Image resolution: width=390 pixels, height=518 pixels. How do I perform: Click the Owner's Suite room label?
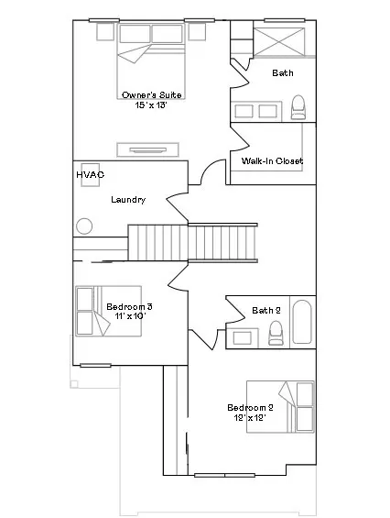click(x=152, y=94)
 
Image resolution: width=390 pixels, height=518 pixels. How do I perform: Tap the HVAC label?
click(x=90, y=174)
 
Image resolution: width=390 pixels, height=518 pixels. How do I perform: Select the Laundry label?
click(x=128, y=200)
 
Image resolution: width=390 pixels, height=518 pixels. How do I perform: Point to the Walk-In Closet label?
click(x=272, y=160)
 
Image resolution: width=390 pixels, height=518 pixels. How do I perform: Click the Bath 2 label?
click(x=266, y=310)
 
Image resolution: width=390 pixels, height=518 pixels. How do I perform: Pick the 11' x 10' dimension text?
click(x=130, y=316)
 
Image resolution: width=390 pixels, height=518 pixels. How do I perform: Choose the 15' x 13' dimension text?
click(x=152, y=105)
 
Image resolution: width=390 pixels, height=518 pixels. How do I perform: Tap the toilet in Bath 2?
click(x=276, y=333)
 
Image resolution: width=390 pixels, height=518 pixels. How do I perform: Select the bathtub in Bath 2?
click(x=302, y=322)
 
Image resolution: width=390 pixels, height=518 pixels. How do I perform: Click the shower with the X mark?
click(x=279, y=41)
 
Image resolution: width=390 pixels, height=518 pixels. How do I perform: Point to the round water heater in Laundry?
click(x=84, y=226)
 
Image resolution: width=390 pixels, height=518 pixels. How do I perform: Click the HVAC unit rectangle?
click(x=91, y=174)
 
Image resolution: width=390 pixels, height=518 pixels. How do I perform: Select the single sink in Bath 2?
click(x=243, y=338)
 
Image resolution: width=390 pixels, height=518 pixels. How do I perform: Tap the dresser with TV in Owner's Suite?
click(x=147, y=150)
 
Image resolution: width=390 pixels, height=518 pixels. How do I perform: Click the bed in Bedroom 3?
click(x=109, y=311)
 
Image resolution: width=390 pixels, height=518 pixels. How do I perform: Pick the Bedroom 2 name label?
click(x=251, y=408)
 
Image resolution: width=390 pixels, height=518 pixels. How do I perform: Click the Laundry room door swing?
click(x=177, y=204)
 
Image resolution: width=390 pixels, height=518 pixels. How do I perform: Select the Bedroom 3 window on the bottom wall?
click(x=95, y=366)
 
